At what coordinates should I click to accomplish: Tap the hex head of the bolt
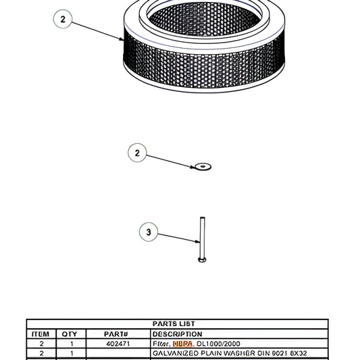point(201,259)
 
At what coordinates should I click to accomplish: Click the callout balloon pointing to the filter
point(63,20)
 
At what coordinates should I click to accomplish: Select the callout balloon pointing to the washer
point(137,153)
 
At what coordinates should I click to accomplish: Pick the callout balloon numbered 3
point(149,233)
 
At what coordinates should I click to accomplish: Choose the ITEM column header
point(41,334)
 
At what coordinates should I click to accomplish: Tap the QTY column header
point(70,334)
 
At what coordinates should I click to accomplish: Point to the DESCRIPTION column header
point(178,334)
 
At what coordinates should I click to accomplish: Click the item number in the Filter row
point(41,344)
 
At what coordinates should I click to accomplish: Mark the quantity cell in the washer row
point(70,353)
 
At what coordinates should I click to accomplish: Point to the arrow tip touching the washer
point(194,165)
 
